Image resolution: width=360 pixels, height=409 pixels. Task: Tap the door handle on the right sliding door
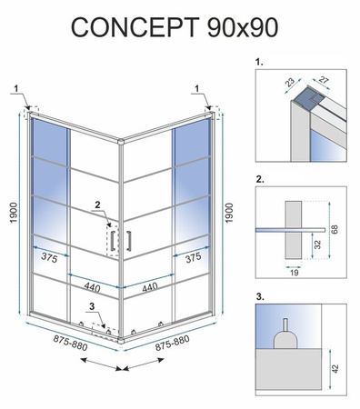pyautogui.click(x=130, y=241)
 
